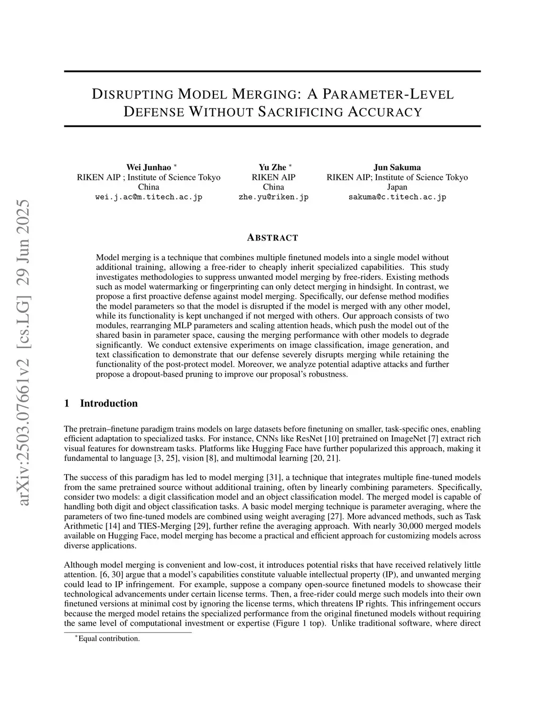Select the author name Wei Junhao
coord(148,168)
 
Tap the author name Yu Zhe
coord(272,168)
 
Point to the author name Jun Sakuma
coord(397,168)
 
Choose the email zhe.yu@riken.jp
coord(274,197)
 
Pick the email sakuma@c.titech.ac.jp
coord(397,197)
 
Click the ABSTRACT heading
coord(272,238)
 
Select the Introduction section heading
coord(109,403)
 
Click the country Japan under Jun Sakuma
coord(397,187)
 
